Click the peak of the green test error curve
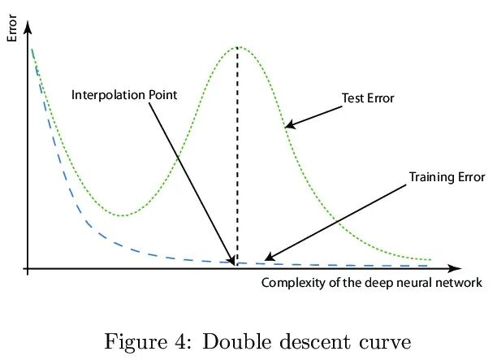237,47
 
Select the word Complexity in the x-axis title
288,283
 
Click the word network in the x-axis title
460,283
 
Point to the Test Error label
367,98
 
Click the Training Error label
447,176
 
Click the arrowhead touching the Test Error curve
289,125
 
